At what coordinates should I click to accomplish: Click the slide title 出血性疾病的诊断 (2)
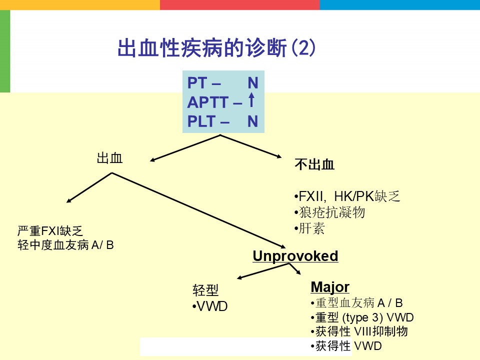(x=216, y=48)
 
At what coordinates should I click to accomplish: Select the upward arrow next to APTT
(x=251, y=100)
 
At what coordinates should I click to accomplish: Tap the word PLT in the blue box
(x=201, y=121)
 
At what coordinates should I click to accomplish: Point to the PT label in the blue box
(x=197, y=83)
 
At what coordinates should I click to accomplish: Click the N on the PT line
(x=253, y=83)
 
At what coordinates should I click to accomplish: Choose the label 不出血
(x=314, y=164)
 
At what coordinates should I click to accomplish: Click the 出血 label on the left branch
(x=109, y=158)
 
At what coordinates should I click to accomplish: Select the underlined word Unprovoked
(x=295, y=256)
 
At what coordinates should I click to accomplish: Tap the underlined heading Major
(x=330, y=287)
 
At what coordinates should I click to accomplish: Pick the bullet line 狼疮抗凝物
(x=329, y=212)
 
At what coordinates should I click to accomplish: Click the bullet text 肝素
(x=309, y=228)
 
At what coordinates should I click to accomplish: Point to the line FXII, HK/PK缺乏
(x=347, y=196)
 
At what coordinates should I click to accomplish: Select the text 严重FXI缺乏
(x=50, y=231)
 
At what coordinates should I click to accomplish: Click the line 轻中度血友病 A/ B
(x=65, y=245)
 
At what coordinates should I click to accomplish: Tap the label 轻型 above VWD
(x=205, y=290)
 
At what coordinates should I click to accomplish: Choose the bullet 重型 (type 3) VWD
(x=362, y=318)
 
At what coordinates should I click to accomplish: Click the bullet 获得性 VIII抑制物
(x=359, y=331)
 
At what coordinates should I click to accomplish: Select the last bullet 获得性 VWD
(x=346, y=346)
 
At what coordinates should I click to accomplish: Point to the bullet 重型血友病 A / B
(x=356, y=303)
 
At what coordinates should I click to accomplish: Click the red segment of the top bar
(x=240, y=4)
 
